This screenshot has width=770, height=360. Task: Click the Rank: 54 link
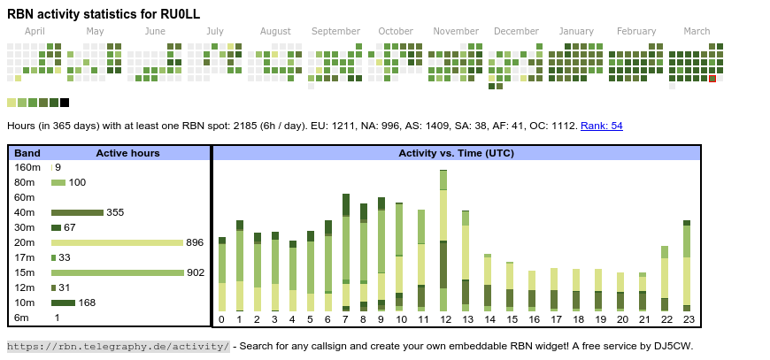pyautogui.click(x=602, y=126)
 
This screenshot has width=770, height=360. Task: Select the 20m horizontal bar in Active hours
pyautogui.click(x=117, y=242)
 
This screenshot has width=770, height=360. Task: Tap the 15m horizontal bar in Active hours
pyautogui.click(x=117, y=272)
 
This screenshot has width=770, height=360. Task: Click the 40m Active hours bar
pyautogui.click(x=77, y=212)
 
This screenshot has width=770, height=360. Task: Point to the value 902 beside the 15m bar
pyautogui.click(x=196, y=272)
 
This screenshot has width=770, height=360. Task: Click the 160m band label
pyautogui.click(x=27, y=167)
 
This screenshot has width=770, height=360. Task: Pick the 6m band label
pyautogui.click(x=22, y=318)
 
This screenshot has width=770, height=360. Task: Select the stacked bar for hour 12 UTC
pyautogui.click(x=443, y=241)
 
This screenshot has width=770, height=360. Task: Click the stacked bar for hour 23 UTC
pyautogui.click(x=686, y=265)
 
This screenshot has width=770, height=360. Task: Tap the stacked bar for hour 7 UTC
pyautogui.click(x=346, y=252)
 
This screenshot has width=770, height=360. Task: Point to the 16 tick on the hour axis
pyautogui.click(x=534, y=319)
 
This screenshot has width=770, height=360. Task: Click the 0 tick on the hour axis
pyautogui.click(x=221, y=319)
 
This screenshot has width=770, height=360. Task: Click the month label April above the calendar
pyautogui.click(x=35, y=31)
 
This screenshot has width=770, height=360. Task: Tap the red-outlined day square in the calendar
pyautogui.click(x=712, y=79)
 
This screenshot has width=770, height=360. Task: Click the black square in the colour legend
pyautogui.click(x=65, y=103)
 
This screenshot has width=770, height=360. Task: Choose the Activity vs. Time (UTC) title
pyautogui.click(x=456, y=153)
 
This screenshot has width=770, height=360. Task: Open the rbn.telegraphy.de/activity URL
pyautogui.click(x=119, y=346)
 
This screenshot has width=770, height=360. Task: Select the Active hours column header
pyautogui.click(x=127, y=153)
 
